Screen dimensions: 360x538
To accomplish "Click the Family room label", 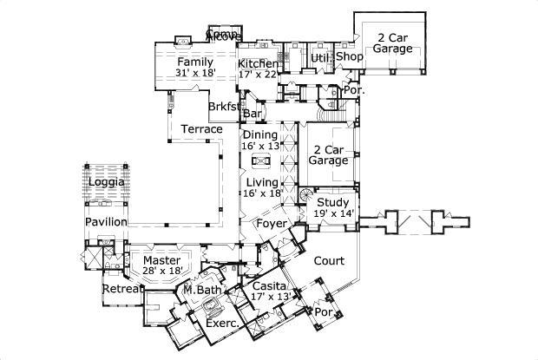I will [x=195, y=63].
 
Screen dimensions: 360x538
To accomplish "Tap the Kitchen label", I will [x=259, y=64].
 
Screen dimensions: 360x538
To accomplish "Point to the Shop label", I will [x=350, y=57].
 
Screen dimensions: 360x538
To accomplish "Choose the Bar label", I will [x=253, y=114].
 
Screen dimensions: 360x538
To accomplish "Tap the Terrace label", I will [x=201, y=129].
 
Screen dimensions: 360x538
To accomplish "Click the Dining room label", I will [x=260, y=135].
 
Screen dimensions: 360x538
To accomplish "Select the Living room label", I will [x=260, y=182].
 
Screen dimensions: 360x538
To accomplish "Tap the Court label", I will [x=329, y=260].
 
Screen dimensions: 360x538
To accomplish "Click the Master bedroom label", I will [x=161, y=260].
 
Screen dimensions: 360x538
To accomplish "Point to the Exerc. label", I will [x=223, y=324].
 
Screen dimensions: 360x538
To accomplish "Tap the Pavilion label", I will [x=106, y=223].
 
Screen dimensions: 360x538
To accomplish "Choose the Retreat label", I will [x=121, y=289].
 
